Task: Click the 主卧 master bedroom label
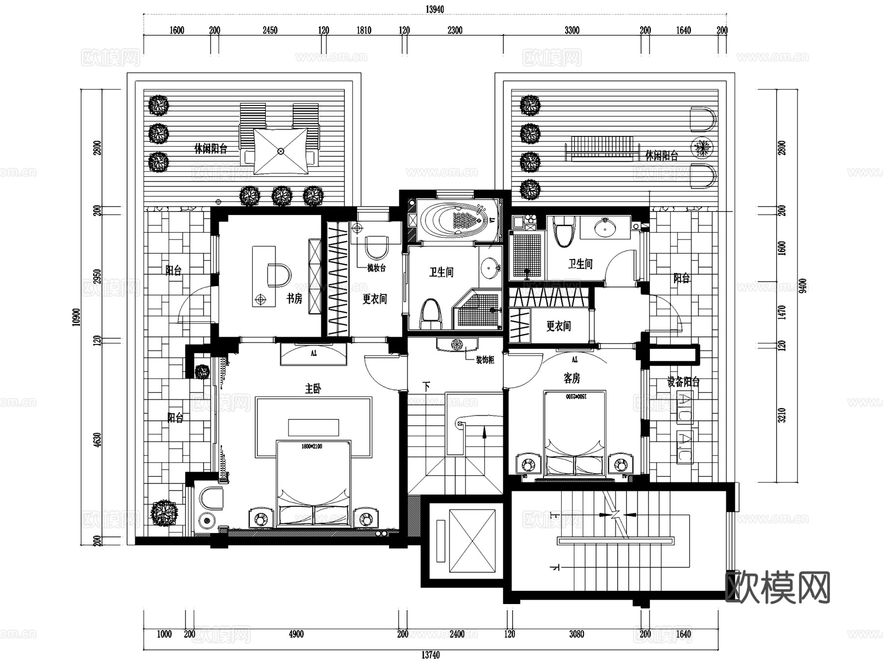point(313,389)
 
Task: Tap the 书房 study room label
point(294,298)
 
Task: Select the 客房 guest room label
point(571,378)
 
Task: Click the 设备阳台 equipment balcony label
point(683,382)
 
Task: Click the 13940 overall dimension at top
point(435,9)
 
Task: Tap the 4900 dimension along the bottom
point(296,634)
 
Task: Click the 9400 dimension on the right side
point(803,286)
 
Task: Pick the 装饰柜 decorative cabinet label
point(485,360)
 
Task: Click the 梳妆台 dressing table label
point(376,268)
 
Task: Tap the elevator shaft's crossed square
point(472,541)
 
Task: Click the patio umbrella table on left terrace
point(281,151)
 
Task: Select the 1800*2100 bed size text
point(312,447)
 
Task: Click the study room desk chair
point(278,275)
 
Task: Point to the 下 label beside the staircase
point(426,386)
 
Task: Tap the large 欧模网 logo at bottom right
point(777,587)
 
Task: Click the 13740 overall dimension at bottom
point(430,655)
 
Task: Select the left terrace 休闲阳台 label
point(211,149)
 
